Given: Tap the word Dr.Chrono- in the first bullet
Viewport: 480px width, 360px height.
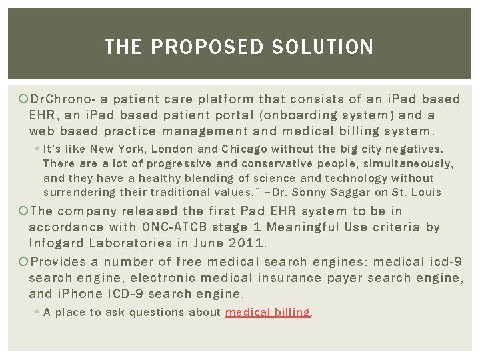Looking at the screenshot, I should (65, 99).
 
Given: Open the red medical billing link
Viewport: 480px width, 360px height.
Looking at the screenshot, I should (268, 312).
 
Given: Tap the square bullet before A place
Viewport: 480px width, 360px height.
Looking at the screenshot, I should (37, 313).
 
